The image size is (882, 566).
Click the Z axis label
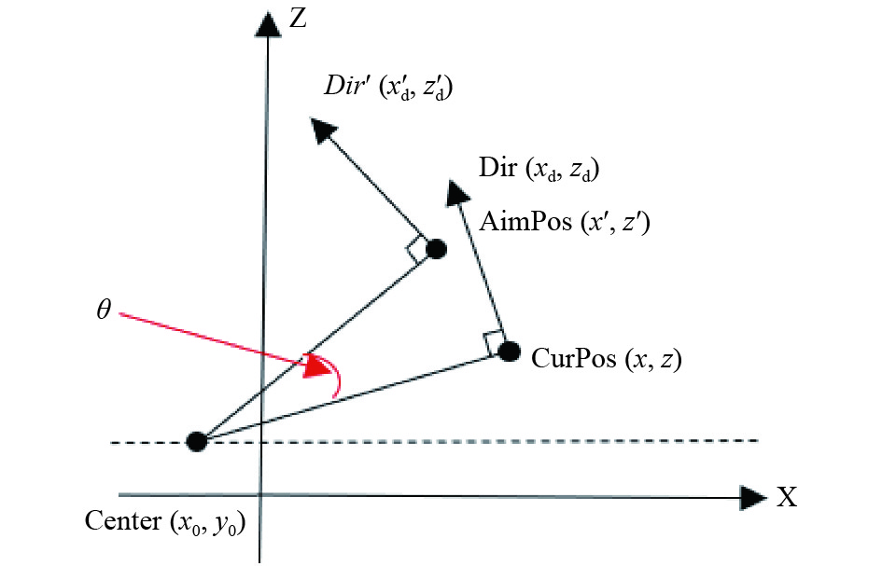coord(297,19)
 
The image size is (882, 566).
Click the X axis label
coord(787,497)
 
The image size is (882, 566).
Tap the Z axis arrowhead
coord(268,23)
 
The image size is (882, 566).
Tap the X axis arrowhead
coord(752,497)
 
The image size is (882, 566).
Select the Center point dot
coord(197,442)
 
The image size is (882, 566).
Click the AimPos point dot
coord(436,248)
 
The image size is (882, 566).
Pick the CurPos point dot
coord(509,352)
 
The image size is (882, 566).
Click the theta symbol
coord(104,310)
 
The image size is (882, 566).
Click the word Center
coord(122,520)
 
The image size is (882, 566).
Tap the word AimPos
coord(525,222)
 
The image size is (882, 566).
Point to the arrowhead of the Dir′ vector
coord(322,130)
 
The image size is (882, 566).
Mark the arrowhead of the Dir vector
coord(456,192)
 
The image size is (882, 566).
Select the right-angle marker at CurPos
coord(494,343)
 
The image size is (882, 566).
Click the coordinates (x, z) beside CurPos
coord(653,359)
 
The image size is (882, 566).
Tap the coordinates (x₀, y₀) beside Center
coord(207,523)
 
